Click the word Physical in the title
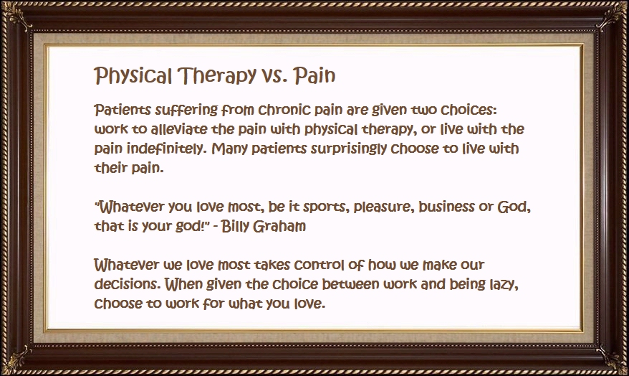[133, 75]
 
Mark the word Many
[230, 149]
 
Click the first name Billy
[234, 227]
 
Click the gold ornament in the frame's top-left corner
[18, 17]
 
